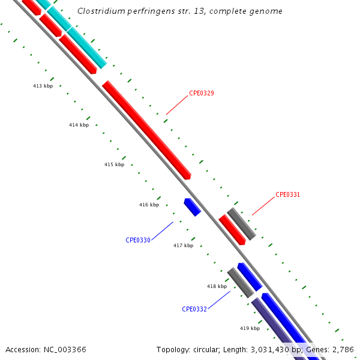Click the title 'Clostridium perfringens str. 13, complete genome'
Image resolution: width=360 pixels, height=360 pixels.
click(180, 11)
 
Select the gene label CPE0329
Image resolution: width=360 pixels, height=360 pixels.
click(202, 93)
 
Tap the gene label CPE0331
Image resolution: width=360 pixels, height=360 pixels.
click(287, 194)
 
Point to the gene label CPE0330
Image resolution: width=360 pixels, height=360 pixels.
click(138, 240)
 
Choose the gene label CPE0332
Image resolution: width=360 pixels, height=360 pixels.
click(194, 309)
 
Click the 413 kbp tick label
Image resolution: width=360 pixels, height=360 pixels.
click(43, 86)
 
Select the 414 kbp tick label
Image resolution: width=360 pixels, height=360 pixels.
click(79, 125)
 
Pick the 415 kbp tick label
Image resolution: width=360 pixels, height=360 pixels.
click(114, 164)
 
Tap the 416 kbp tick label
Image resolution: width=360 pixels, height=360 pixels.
click(149, 205)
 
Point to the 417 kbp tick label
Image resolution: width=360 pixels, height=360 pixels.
click(183, 245)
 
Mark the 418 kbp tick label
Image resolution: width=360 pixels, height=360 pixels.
click(217, 286)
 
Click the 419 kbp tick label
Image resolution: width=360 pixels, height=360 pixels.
click(250, 328)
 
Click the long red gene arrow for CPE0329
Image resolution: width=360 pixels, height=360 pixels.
click(146, 130)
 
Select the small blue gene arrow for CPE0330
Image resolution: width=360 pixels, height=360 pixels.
click(193, 207)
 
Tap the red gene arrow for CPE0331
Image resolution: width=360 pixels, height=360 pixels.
click(232, 229)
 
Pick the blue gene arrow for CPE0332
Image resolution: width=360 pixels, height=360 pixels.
click(249, 277)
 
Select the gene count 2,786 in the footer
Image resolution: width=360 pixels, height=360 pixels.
click(343, 349)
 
